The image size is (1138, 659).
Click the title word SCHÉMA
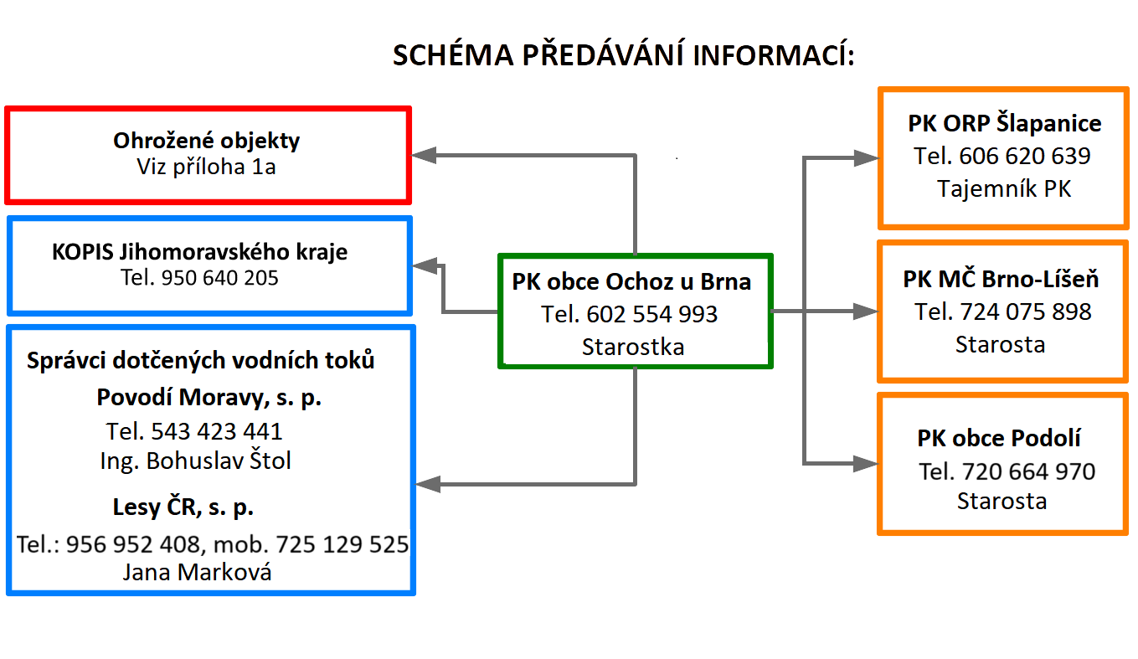coord(453,55)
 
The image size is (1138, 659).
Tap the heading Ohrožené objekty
coord(206,141)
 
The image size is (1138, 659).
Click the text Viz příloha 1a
coord(206,167)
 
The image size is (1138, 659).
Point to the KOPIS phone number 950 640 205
coord(220,278)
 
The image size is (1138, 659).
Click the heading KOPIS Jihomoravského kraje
coord(199,252)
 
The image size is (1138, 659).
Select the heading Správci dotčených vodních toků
coord(201,360)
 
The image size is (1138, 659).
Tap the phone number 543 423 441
coord(216,431)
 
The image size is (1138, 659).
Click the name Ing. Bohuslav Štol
coord(196,461)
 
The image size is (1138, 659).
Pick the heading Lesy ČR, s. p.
coord(183,507)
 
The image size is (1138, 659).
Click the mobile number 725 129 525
coord(342,544)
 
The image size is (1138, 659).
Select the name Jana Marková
coord(197,572)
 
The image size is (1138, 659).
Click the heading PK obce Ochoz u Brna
coord(631,281)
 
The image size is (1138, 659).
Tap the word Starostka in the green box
coord(633,347)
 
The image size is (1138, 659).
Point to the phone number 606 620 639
coord(1025,156)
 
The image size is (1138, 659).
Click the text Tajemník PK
coord(1004,188)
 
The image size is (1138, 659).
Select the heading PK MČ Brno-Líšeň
coord(1001,279)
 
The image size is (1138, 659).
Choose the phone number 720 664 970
coord(1029,471)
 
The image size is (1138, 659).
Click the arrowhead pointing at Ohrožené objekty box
coord(423,155)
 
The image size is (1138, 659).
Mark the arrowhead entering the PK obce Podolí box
coord(866,463)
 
